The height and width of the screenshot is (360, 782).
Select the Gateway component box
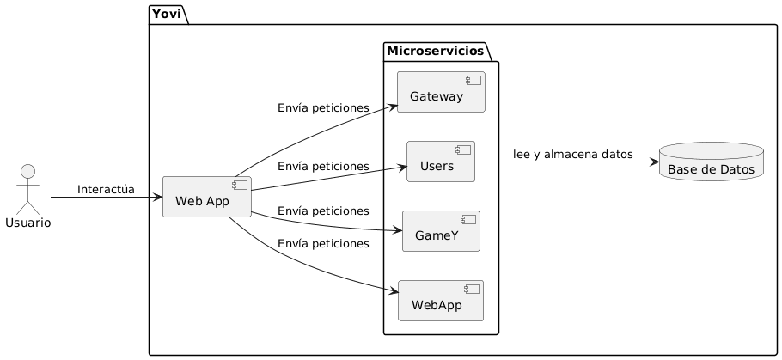tap(441, 92)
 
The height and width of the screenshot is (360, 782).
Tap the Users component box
tap(440, 162)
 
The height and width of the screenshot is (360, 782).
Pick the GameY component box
tap(441, 231)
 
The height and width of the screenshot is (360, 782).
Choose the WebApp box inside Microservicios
tap(441, 301)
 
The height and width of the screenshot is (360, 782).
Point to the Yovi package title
tap(167, 14)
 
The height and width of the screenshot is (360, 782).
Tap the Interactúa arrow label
tap(106, 189)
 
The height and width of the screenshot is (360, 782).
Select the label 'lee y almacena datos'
tap(572, 154)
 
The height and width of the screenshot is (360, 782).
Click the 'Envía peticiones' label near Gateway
tap(323, 108)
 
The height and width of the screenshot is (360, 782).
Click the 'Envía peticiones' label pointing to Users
tap(323, 166)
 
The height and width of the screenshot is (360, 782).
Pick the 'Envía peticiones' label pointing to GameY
tap(323, 211)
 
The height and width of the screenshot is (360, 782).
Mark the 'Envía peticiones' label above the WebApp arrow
tap(323, 244)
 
